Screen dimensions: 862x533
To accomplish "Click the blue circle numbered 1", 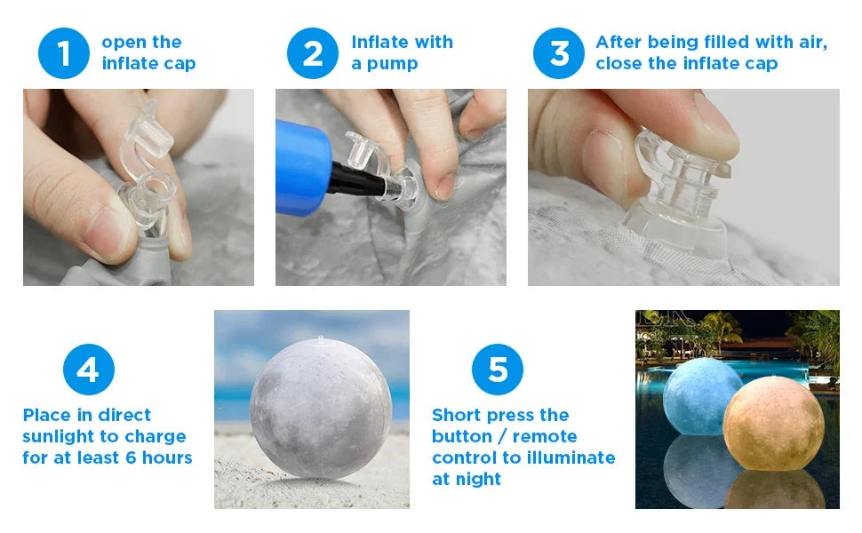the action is click(64, 53).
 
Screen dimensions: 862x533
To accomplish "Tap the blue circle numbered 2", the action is click(313, 53).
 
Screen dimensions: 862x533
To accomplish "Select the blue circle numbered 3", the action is click(559, 53).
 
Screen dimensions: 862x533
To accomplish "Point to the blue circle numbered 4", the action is click(89, 370).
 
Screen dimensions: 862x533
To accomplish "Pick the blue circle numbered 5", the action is click(498, 370).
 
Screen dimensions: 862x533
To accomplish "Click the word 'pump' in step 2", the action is click(392, 65).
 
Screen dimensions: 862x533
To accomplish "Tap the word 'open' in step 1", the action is click(124, 44).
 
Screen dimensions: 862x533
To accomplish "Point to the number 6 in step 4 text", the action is click(131, 457).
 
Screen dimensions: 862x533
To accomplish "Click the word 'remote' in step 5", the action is click(544, 436).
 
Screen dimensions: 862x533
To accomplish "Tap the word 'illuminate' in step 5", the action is click(571, 457).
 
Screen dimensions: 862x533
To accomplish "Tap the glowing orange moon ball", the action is click(773, 423).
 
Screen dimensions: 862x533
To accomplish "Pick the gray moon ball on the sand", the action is click(321, 409).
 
